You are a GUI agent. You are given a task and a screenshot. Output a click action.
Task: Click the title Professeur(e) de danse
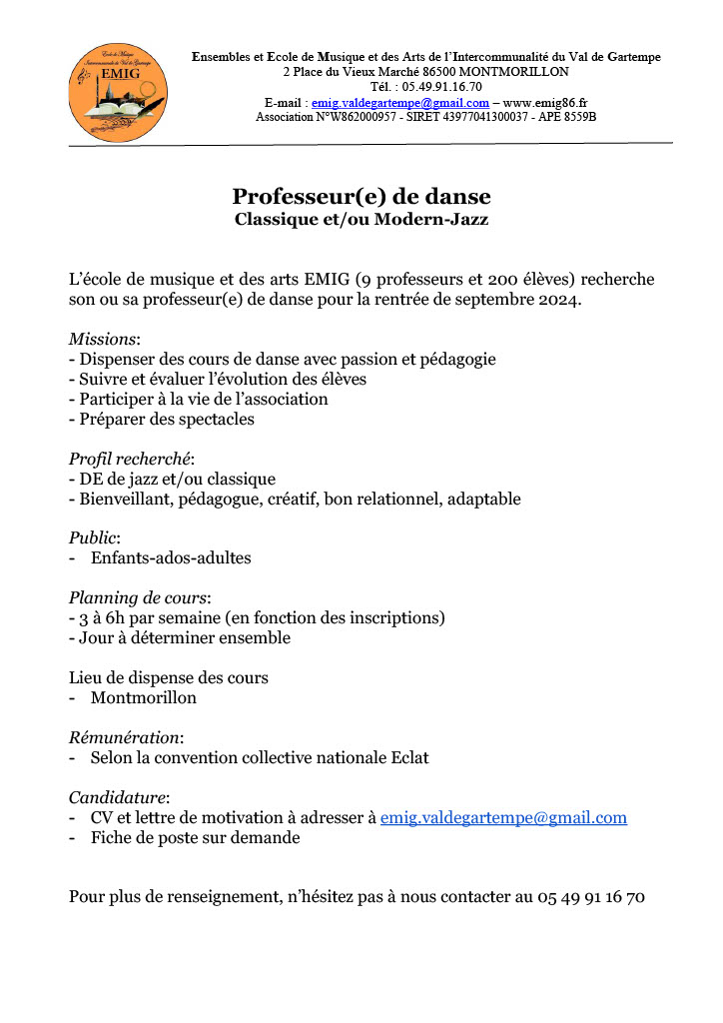point(361,196)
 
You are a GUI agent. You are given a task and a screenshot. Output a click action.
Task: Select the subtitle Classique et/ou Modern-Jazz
point(361,219)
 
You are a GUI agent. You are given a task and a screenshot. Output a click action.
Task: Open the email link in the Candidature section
point(503,818)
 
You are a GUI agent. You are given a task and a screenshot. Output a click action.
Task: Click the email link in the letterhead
point(400,103)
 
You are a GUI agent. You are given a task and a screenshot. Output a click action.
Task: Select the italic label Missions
point(103,339)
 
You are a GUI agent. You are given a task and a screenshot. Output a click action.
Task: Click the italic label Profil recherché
point(129,459)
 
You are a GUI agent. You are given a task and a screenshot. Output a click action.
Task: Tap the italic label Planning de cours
point(138,598)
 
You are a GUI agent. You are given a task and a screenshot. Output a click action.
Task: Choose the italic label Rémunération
point(125,737)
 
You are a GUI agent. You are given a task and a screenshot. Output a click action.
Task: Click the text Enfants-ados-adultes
point(171,558)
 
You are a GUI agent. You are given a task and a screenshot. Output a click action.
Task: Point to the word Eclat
point(406,757)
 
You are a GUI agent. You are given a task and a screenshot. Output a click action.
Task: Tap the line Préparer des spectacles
point(165,419)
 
